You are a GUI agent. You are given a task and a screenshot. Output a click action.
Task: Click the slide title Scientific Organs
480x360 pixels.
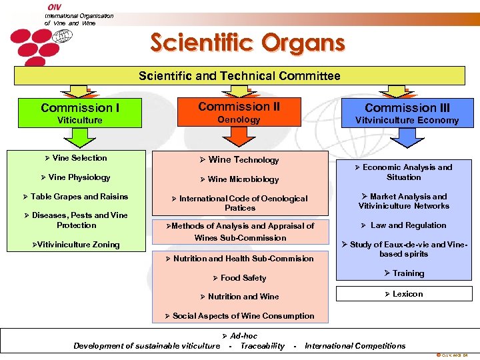coord(247,43)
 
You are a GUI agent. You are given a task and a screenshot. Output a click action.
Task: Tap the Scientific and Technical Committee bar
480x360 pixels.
coord(239,75)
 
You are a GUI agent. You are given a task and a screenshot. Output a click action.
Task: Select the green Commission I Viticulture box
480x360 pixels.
coord(81,113)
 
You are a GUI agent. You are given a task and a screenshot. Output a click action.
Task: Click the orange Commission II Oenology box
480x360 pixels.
coord(239,112)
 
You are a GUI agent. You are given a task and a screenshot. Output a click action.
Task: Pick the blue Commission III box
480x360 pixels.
coord(407,113)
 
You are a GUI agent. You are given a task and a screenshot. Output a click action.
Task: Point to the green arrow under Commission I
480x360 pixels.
coord(81,137)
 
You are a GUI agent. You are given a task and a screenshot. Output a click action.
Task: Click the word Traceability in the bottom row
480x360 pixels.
coord(262,345)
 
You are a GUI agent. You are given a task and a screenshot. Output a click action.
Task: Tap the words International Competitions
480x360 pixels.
coord(355,345)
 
